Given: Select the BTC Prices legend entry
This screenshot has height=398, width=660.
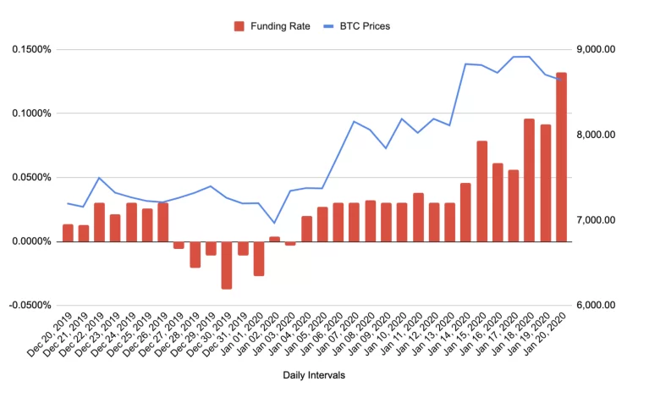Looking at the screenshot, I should (x=356, y=26).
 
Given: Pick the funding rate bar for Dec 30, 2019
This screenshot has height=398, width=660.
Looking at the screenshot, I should (x=227, y=265).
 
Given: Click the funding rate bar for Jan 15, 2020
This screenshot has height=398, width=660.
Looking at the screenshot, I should (x=481, y=191).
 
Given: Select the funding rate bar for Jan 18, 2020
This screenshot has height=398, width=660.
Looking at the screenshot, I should (x=529, y=180).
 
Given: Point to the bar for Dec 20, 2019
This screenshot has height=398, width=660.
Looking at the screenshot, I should (x=68, y=233).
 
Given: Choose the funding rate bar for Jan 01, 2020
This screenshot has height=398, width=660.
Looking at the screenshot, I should (x=259, y=258).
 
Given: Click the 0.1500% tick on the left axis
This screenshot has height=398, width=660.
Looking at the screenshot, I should (x=31, y=49).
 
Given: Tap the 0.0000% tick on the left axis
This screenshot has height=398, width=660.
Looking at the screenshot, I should (x=31, y=241).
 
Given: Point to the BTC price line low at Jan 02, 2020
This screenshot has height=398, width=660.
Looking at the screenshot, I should (x=274, y=223).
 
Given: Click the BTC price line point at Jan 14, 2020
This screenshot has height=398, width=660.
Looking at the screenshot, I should (x=465, y=64).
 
